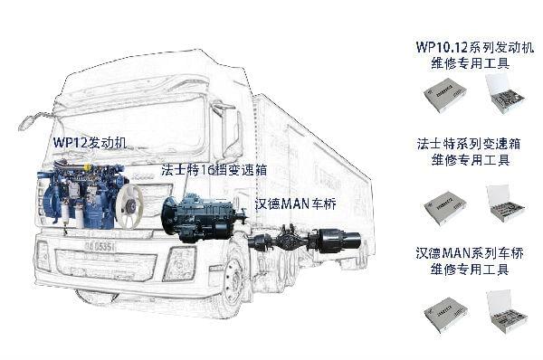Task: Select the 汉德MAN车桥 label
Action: pos(296,205)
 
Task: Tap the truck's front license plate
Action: pos(99,245)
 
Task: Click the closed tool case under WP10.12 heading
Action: pos(444,93)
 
